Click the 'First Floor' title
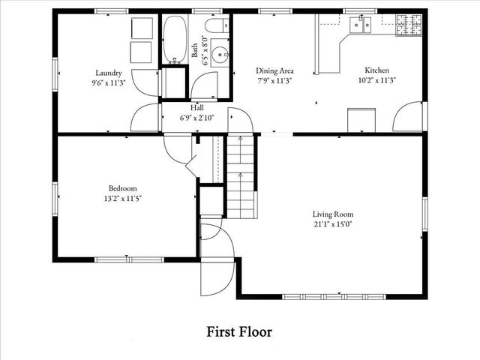click(239, 331)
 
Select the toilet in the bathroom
click(217, 27)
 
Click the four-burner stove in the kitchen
click(409, 25)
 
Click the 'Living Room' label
click(332, 214)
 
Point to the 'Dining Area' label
click(274, 70)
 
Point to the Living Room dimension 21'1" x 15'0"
click(332, 223)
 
